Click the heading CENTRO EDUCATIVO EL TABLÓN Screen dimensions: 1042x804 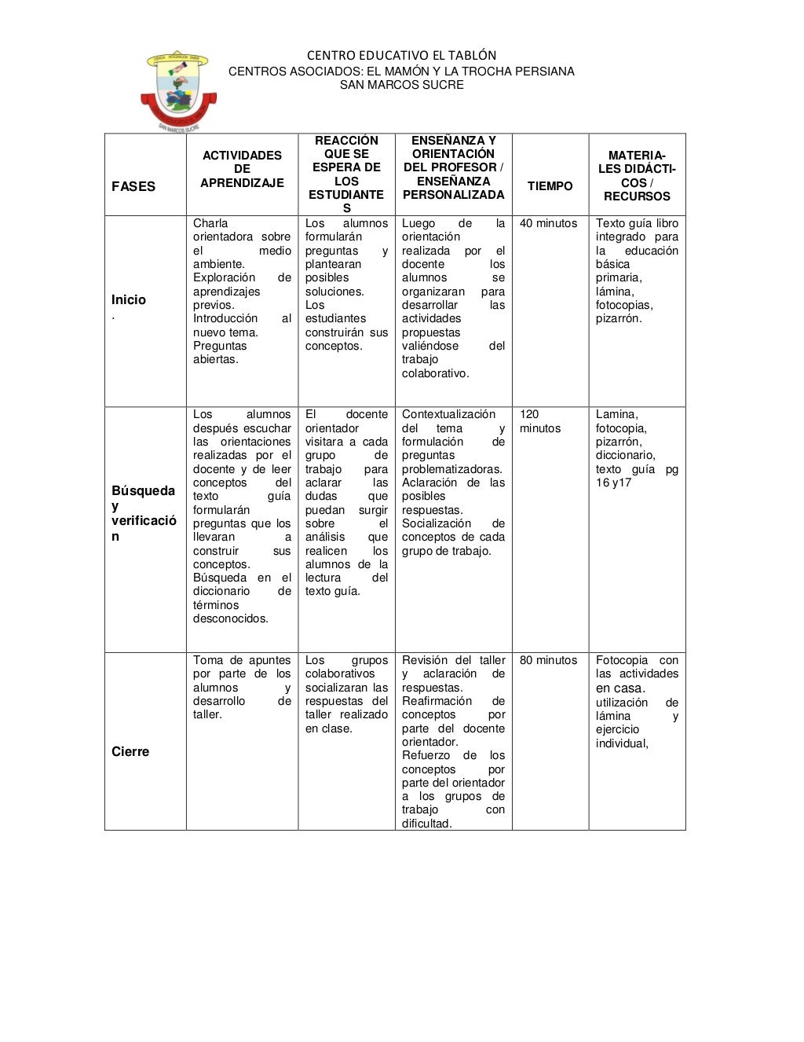(401, 55)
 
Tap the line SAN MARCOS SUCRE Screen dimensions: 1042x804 (401, 85)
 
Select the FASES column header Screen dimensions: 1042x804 (133, 186)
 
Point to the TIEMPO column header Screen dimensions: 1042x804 (550, 186)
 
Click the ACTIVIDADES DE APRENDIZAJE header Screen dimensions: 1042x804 (242, 169)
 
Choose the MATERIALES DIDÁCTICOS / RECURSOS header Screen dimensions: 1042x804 (637, 176)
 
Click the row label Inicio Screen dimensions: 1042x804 (129, 299)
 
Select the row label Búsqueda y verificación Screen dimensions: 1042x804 (143, 513)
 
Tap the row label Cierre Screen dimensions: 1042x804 (130, 751)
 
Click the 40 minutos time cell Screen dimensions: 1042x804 (548, 223)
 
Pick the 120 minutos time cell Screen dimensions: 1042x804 (540, 421)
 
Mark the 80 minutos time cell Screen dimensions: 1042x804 (548, 660)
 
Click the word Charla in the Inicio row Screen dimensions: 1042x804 (210, 223)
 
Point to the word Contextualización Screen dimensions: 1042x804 (448, 414)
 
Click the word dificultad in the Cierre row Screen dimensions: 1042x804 (426, 824)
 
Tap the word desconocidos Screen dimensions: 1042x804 (231, 618)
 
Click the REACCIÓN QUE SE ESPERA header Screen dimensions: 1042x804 (346, 174)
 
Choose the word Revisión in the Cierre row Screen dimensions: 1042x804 (425, 660)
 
